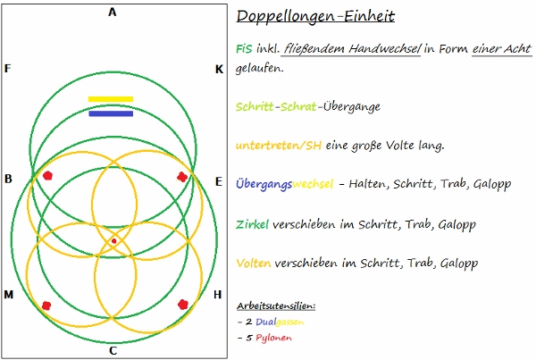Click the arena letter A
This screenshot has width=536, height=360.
pyautogui.click(x=113, y=12)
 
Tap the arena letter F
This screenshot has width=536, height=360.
pyautogui.click(x=7, y=69)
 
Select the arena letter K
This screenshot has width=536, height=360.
pyautogui.click(x=219, y=69)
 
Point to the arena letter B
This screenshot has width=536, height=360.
pyautogui.click(x=8, y=180)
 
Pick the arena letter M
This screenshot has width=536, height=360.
pyautogui.click(x=9, y=295)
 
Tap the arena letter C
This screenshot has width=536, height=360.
pyautogui.click(x=113, y=350)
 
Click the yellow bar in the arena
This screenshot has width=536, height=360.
pyautogui.click(x=111, y=99)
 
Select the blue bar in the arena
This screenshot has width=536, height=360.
pyautogui.click(x=111, y=113)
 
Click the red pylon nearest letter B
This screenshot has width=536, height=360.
pyautogui.click(x=47, y=176)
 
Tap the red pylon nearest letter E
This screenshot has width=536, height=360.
pyautogui.click(x=182, y=177)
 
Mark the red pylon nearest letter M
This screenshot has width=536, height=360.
pyautogui.click(x=46, y=306)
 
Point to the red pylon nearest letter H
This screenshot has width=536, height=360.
pyautogui.click(x=183, y=305)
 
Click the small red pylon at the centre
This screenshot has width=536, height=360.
pyautogui.click(x=113, y=240)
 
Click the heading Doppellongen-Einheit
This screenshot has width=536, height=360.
pyautogui.click(x=316, y=17)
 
